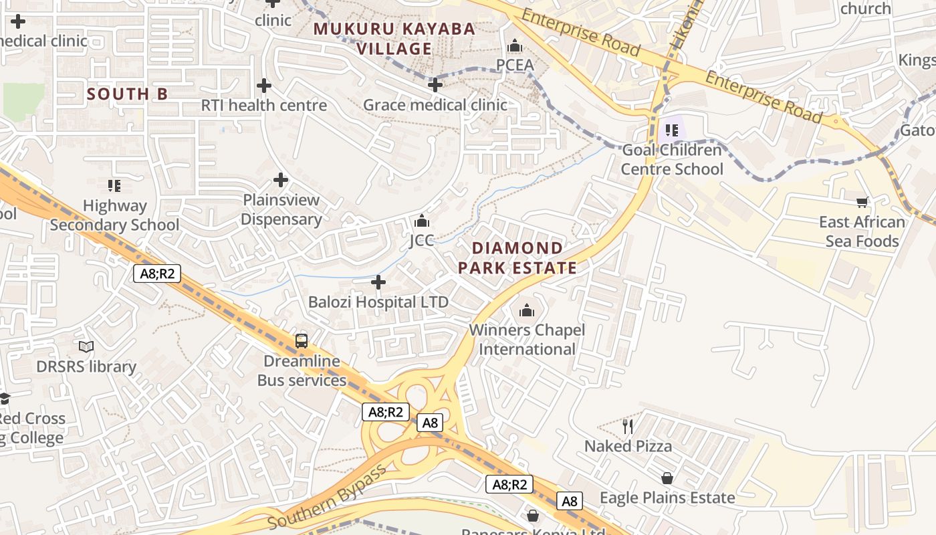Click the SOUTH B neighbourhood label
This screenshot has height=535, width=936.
[127, 94]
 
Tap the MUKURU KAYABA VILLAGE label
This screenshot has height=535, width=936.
[394, 39]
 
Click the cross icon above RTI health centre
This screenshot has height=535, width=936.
[264, 86]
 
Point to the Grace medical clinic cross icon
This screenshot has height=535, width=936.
[435, 85]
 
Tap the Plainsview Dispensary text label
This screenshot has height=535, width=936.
[281, 209]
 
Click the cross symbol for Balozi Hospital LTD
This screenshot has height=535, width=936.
[378, 282]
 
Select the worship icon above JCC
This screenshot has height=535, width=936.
[422, 221]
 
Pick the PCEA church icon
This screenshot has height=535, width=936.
[515, 45]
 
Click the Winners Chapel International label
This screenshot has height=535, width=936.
[527, 340]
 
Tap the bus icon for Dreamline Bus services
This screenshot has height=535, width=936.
[302, 341]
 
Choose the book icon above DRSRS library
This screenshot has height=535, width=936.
[86, 346]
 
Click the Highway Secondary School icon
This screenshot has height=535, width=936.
[114, 185]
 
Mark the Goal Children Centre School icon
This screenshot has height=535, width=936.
[672, 130]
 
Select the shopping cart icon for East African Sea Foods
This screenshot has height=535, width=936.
[862, 202]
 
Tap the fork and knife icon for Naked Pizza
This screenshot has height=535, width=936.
[627, 426]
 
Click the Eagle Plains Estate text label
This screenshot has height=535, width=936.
[667, 498]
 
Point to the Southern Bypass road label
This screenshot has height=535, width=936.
[327, 496]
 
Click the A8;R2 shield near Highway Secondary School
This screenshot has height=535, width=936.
[156, 273]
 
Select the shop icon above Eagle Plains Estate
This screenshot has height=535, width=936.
[667, 478]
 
